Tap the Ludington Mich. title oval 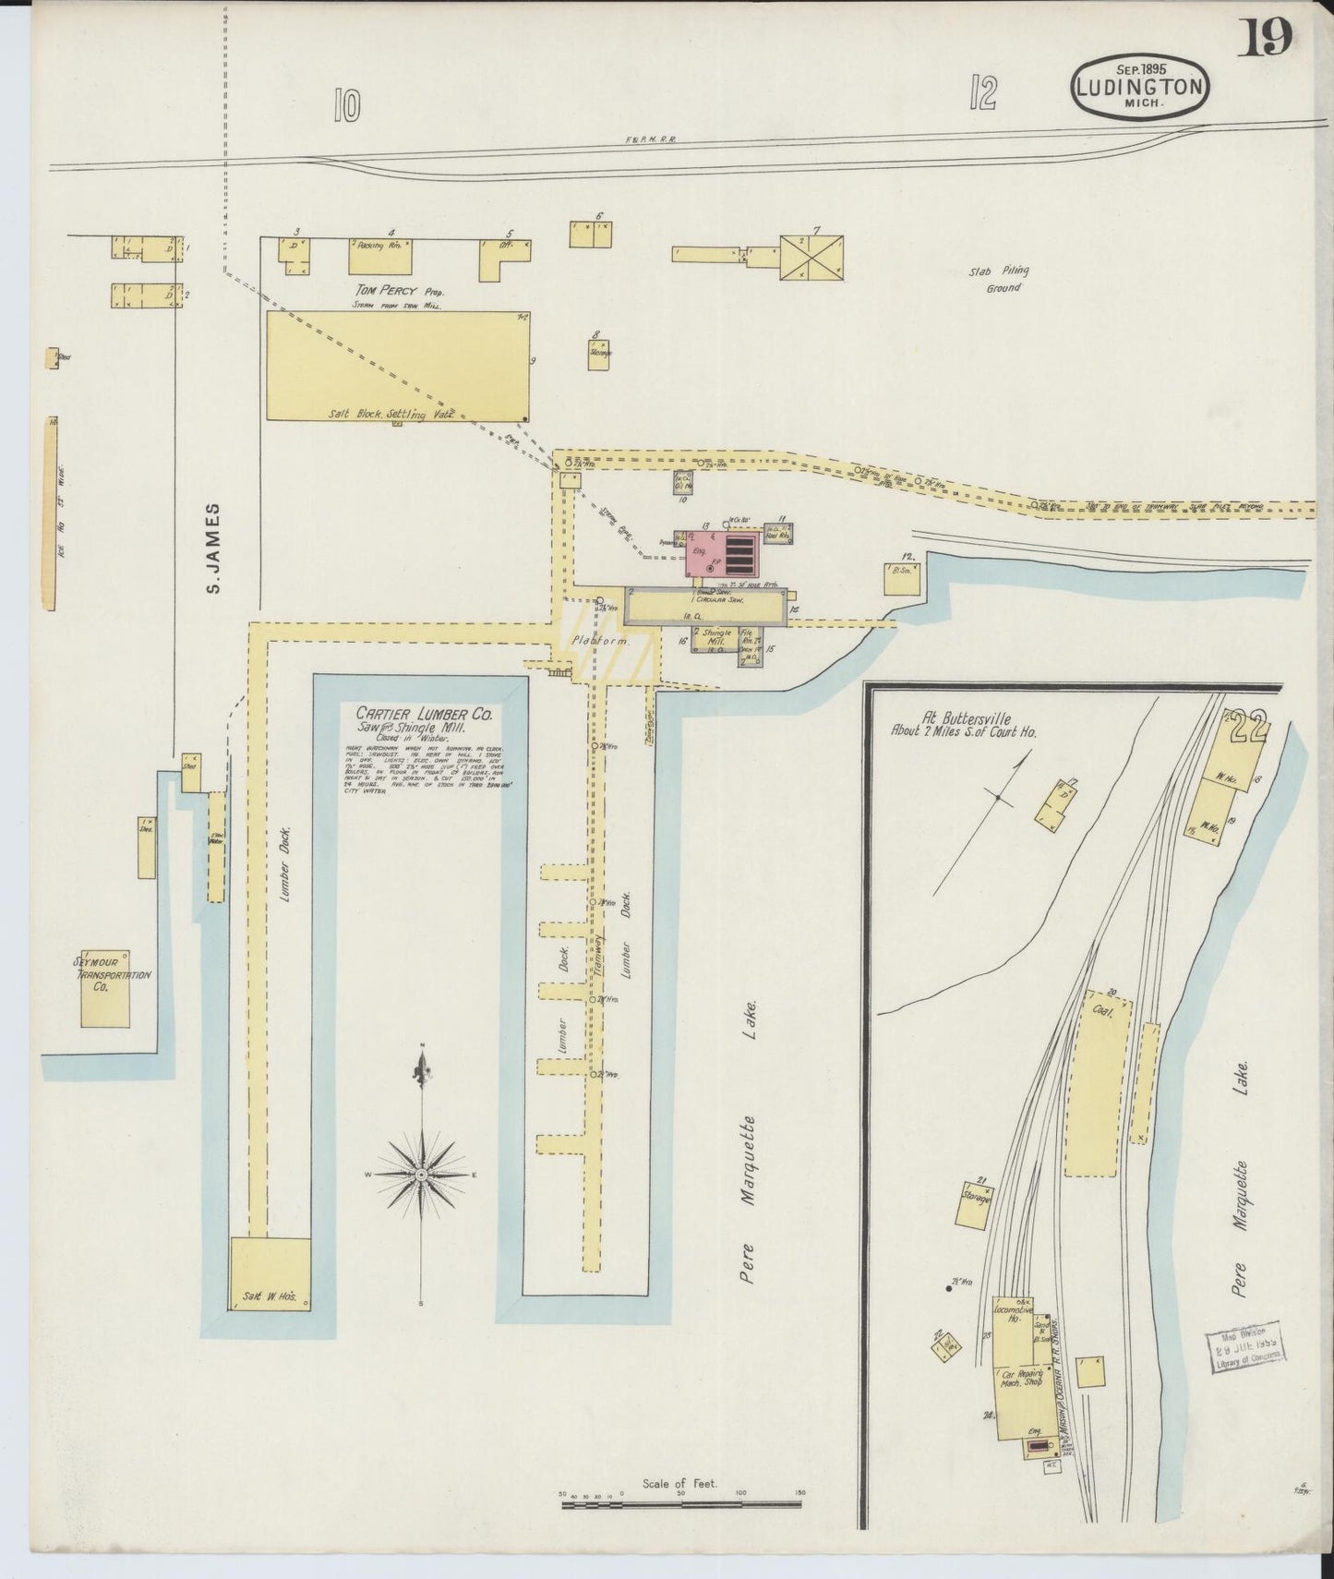click(x=1141, y=86)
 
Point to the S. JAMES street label click(x=213, y=548)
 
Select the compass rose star click(x=421, y=1174)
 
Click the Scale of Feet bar click(x=683, y=1505)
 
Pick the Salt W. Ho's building click(x=270, y=1273)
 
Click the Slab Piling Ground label click(x=999, y=279)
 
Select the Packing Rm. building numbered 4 click(x=379, y=256)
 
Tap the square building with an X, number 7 click(x=811, y=258)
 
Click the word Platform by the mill click(x=599, y=640)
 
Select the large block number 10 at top click(x=346, y=107)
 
